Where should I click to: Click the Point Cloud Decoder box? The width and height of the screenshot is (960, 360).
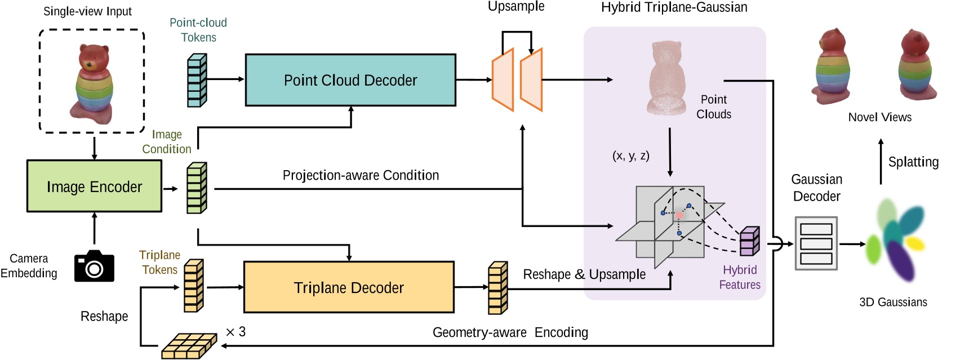tap(350, 80)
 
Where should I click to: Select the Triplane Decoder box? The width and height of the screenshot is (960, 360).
tap(348, 287)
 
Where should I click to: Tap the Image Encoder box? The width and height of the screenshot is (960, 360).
tap(94, 186)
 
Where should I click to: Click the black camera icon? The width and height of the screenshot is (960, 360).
tap(94, 266)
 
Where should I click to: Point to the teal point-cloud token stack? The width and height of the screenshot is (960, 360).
tap(197, 80)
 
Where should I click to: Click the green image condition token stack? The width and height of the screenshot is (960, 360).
tap(197, 188)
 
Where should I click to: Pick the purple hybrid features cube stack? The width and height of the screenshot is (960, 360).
tap(749, 241)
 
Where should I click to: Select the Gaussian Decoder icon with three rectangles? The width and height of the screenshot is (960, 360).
tap(816, 243)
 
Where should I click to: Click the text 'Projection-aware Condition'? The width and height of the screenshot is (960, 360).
tap(361, 175)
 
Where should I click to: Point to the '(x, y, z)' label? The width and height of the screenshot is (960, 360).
tap(630, 155)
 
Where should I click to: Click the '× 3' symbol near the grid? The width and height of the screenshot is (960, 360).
tap(235, 332)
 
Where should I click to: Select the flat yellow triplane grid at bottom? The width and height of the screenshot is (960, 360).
tap(189, 346)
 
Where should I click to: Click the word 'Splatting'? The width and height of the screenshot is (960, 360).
tap(913, 162)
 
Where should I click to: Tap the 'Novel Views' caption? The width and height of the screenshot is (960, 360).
tap(879, 117)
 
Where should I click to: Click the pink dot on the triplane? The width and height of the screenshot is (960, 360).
tap(679, 216)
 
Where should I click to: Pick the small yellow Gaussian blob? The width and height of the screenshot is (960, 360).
tap(915, 243)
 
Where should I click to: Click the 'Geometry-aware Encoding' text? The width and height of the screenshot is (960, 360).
tap(510, 332)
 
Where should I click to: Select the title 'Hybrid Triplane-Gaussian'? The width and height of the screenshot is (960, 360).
tap(674, 7)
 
